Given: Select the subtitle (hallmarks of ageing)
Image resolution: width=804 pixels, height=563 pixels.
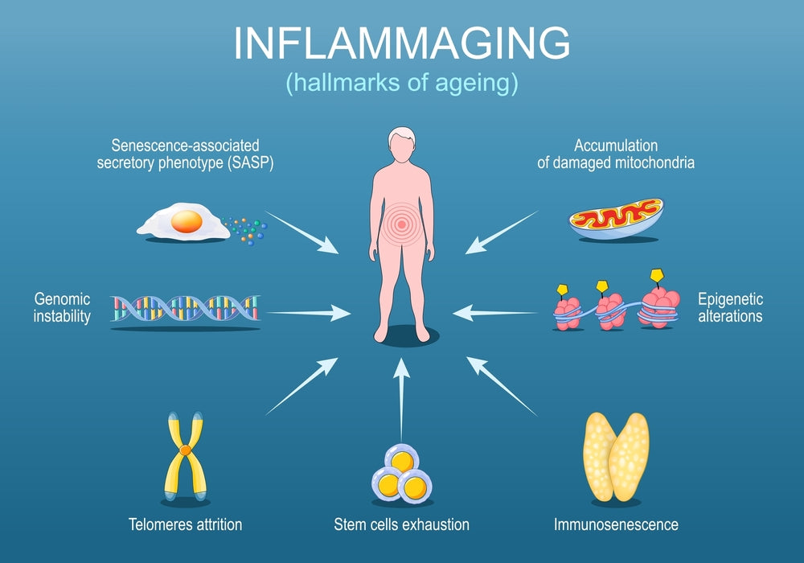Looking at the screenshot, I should pyautogui.click(x=402, y=82).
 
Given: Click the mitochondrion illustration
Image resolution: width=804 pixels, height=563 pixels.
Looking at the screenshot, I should pyautogui.click(x=616, y=219).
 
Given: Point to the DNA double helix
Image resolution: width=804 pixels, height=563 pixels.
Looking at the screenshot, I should pyautogui.click(x=186, y=309).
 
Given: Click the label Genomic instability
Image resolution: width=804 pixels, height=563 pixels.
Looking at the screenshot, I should pyautogui.click(x=62, y=307).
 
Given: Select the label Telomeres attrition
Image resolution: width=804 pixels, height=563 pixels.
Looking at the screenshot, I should pyautogui.click(x=185, y=525).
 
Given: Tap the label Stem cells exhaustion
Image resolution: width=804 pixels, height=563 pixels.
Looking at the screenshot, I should pyautogui.click(x=401, y=525).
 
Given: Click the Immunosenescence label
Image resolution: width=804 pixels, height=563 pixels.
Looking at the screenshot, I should pyautogui.click(x=616, y=525).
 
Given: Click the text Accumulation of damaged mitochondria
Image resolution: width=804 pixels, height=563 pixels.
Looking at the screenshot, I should pyautogui.click(x=616, y=154).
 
